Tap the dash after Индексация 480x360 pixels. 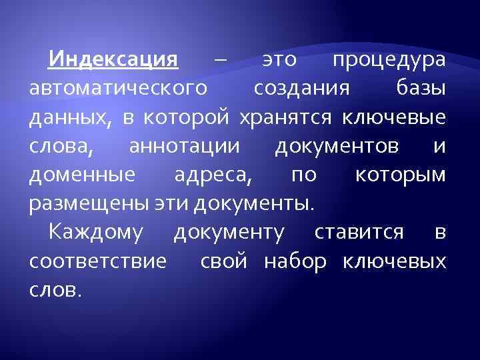click(x=221, y=61)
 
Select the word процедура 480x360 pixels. click(x=389, y=61)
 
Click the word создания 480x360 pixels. click(x=300, y=89)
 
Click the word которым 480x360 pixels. click(x=400, y=175)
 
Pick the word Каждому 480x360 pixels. click(x=94, y=233)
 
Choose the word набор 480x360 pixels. click(x=295, y=261)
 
